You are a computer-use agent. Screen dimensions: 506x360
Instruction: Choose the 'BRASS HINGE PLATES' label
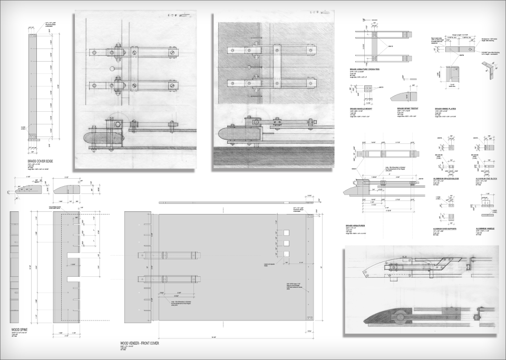tap(446, 109)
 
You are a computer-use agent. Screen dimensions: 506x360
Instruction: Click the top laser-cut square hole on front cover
tap(286, 232)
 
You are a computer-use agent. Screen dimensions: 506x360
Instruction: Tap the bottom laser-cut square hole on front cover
tap(286, 254)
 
